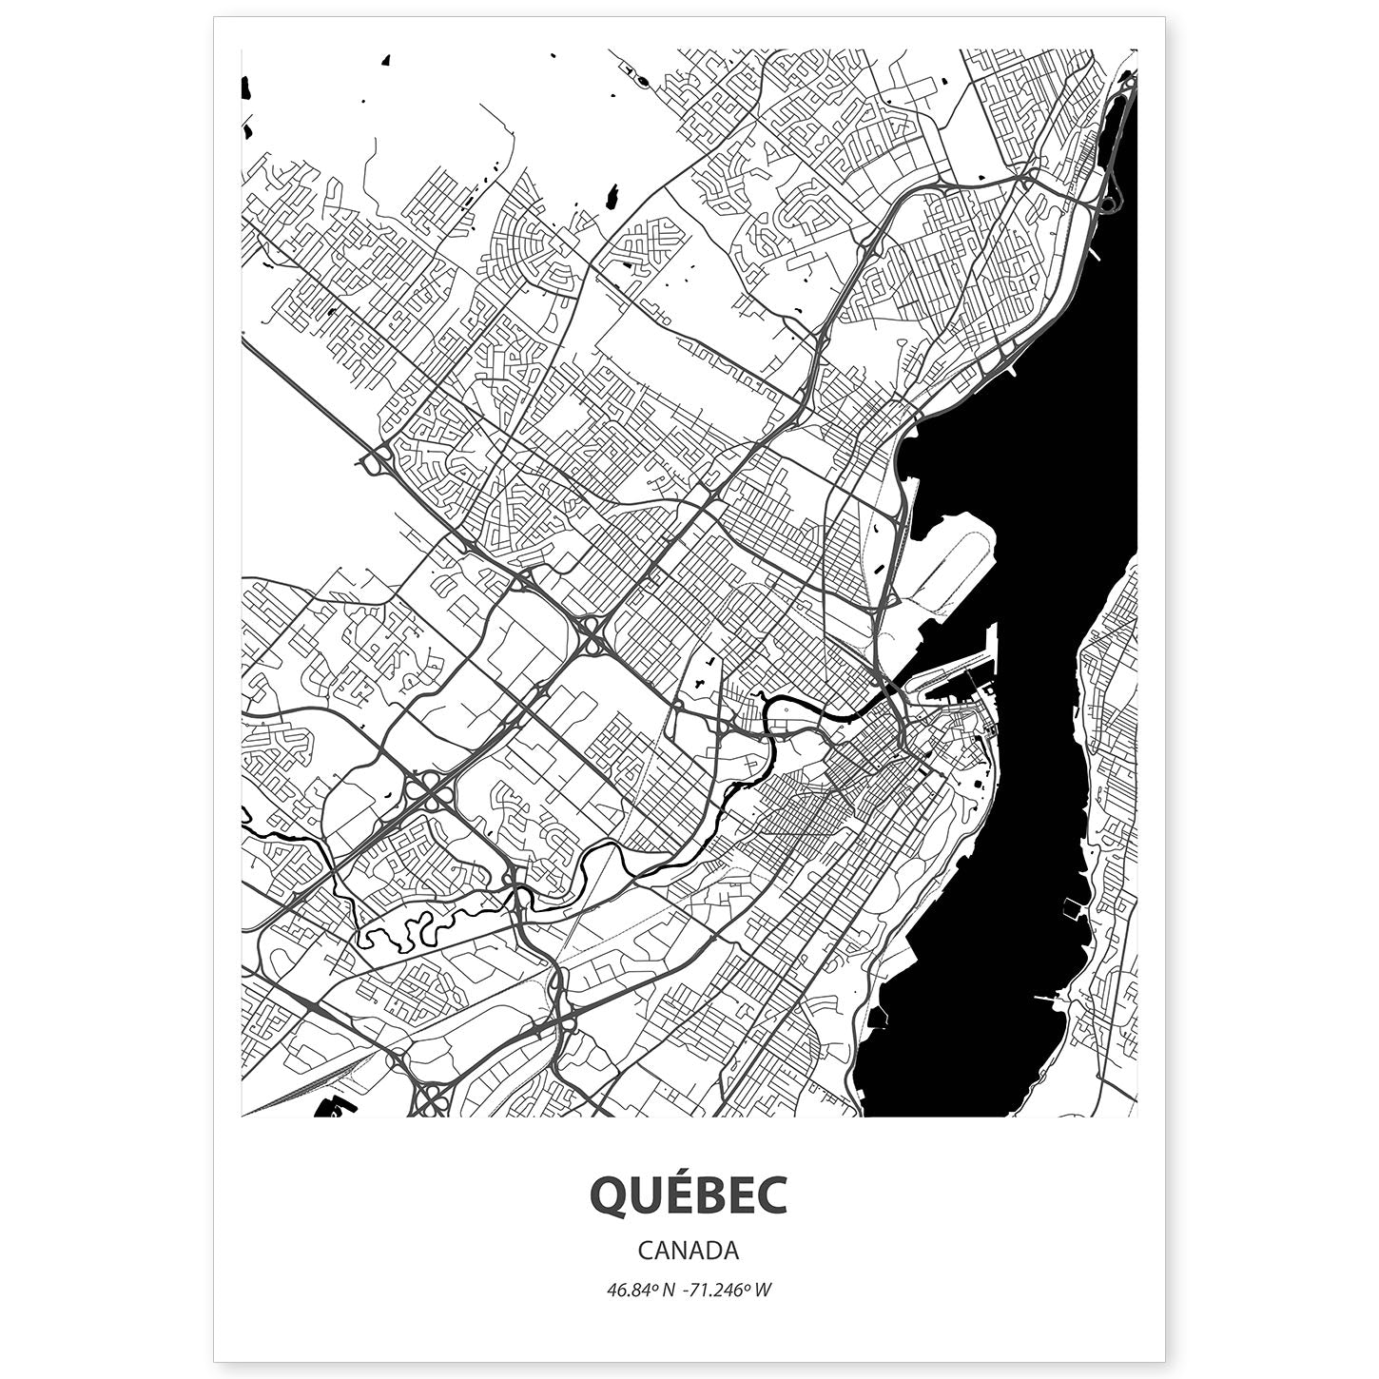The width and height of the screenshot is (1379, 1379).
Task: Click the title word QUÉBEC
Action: click(689, 1195)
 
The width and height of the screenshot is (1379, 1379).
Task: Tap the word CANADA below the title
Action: click(689, 1249)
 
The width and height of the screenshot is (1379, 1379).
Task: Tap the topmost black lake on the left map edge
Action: click(246, 87)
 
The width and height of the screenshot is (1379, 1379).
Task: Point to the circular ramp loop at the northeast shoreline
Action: click(1108, 204)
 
